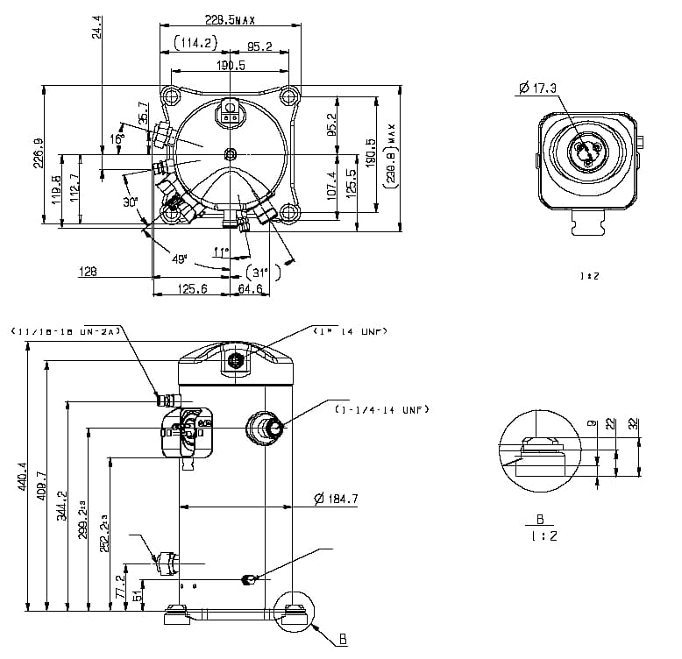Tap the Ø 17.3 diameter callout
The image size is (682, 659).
tap(537, 87)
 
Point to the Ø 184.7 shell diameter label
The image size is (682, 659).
tap(338, 500)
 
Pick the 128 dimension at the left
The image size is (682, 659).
tap(88, 272)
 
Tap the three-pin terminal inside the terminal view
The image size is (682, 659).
tap(585, 152)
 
